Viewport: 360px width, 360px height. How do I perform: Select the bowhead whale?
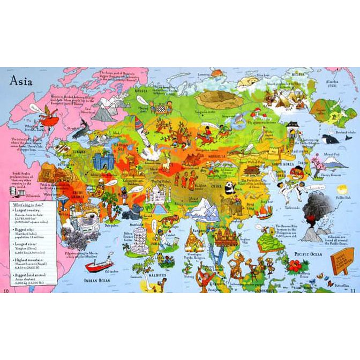click(x=331, y=139)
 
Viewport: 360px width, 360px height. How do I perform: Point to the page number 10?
click(x=7, y=290)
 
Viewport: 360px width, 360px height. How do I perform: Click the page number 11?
click(x=352, y=290)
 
